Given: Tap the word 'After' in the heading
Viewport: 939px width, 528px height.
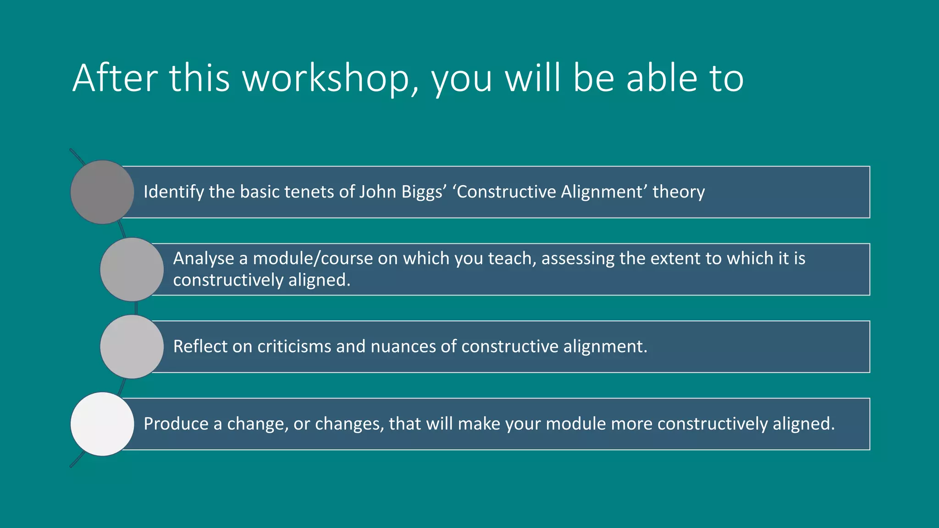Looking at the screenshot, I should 115,79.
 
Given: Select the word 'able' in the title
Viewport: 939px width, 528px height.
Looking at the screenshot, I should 662,79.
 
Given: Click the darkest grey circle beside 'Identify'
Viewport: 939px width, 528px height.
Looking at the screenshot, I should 102,192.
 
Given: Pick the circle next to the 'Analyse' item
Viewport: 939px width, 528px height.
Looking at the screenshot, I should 132,269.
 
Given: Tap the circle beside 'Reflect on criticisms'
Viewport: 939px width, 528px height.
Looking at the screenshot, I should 132,346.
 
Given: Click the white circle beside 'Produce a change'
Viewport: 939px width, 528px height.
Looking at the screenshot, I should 102,424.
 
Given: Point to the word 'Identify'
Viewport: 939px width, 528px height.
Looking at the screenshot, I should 174,192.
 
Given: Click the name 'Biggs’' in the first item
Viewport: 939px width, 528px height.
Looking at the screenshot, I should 424,192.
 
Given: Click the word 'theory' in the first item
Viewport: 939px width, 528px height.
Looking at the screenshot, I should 679,192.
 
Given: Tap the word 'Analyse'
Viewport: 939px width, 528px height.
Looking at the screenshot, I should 204,258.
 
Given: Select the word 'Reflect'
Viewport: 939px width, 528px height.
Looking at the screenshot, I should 200,346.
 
